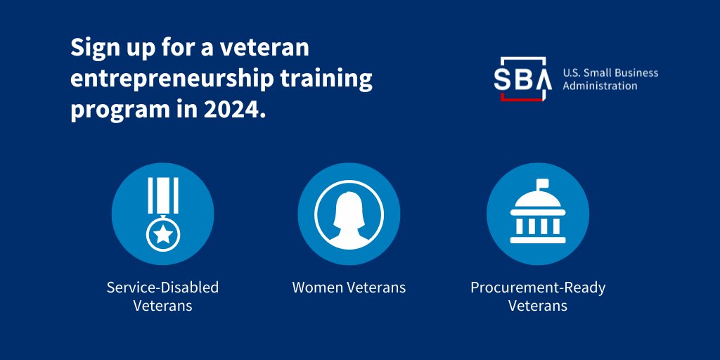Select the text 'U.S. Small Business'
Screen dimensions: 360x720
pyautogui.click(x=610, y=73)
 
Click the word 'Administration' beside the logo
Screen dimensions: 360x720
pyautogui.click(x=600, y=86)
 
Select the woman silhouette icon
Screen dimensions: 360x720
pyautogui.click(x=349, y=214)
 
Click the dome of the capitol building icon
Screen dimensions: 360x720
pyautogui.click(x=538, y=204)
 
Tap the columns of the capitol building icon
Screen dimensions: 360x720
pyautogui.click(x=538, y=226)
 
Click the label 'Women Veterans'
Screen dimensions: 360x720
pyautogui.click(x=349, y=288)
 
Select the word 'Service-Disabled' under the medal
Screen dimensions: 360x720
pyautogui.click(x=162, y=288)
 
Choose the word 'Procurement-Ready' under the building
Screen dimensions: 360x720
pyautogui.click(x=538, y=288)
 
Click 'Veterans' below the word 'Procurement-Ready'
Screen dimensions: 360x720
pyautogui.click(x=538, y=306)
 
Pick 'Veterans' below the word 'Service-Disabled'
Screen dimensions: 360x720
pyautogui.click(x=162, y=306)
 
